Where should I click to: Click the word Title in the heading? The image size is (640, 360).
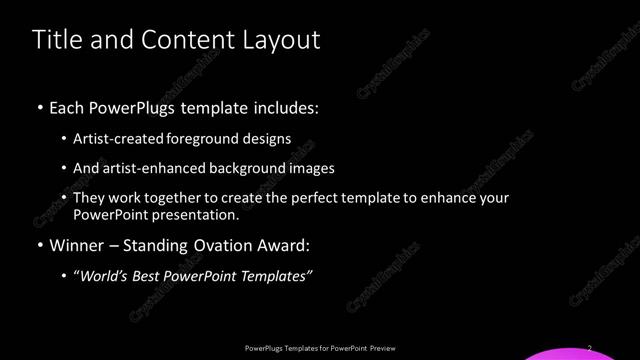[55, 40]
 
